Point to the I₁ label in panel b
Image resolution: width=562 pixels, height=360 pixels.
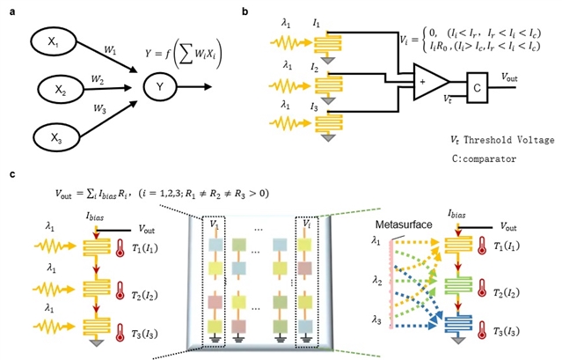[x=318, y=18]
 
